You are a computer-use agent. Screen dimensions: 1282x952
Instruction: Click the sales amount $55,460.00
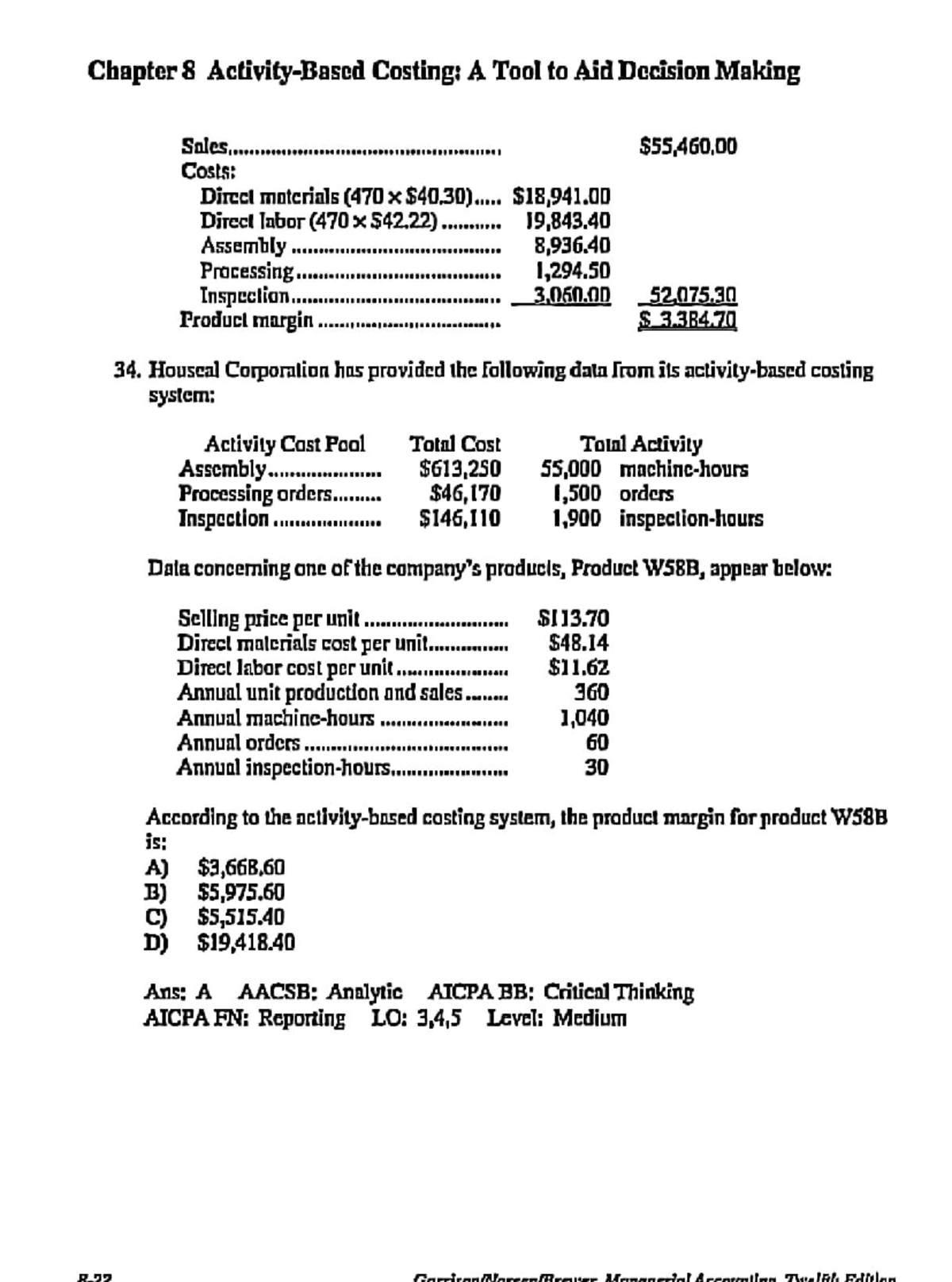688,147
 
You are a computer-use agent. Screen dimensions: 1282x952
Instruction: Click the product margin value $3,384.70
688,321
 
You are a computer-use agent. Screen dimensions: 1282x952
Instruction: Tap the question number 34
128,371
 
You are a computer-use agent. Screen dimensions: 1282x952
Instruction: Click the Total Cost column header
455,444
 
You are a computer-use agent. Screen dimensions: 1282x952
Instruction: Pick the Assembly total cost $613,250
460,469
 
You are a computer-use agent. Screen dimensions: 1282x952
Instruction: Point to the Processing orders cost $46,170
464,494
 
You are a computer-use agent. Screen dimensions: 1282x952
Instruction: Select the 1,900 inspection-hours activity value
576,519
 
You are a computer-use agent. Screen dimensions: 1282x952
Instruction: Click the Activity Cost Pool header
285,444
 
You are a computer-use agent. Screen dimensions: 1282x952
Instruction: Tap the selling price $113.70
574,618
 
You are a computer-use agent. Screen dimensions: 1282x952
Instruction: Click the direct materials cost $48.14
579,642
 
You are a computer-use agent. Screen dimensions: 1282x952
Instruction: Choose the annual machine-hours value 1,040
585,718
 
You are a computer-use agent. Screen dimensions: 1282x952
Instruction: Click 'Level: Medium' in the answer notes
556,1018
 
